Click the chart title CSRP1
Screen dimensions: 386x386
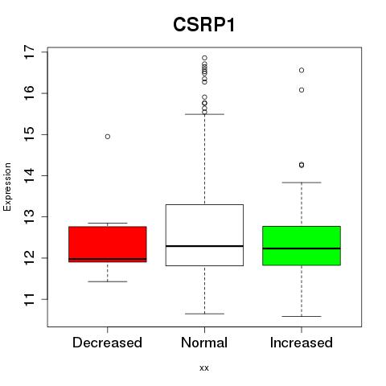click(x=204, y=25)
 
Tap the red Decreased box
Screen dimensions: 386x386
click(x=108, y=244)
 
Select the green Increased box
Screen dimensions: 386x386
click(x=302, y=246)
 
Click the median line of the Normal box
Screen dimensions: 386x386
click(x=204, y=246)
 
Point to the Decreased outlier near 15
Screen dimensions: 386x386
click(x=108, y=137)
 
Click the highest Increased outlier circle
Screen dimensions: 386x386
click(x=302, y=70)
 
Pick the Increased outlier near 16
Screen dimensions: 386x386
click(x=302, y=90)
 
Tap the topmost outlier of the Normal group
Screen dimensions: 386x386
click(x=204, y=58)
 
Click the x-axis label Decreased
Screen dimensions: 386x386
click(x=107, y=343)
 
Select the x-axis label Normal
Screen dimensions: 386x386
click(x=204, y=343)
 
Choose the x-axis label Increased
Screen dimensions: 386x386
click(x=302, y=343)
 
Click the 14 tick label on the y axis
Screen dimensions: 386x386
click(x=29, y=175)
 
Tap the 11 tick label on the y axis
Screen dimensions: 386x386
click(x=29, y=299)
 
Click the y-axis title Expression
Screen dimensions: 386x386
click(x=7, y=187)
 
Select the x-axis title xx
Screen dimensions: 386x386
click(x=204, y=368)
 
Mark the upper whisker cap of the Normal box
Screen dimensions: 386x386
click(x=204, y=114)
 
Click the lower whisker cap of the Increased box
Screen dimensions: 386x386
click(x=302, y=316)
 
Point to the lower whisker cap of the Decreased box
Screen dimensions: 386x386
click(x=108, y=281)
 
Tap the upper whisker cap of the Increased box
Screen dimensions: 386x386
click(x=302, y=183)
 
